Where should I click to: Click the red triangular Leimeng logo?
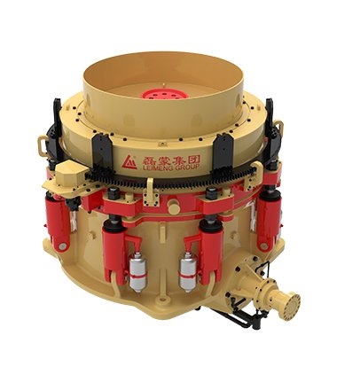point(129,162)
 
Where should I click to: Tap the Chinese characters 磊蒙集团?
point(171,160)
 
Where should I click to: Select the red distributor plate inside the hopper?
point(164,94)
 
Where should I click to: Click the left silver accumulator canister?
point(138,272)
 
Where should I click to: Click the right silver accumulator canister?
point(188,271)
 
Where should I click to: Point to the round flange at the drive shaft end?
point(290,307)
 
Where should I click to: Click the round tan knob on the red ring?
point(174,207)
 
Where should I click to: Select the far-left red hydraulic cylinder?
point(58,221)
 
